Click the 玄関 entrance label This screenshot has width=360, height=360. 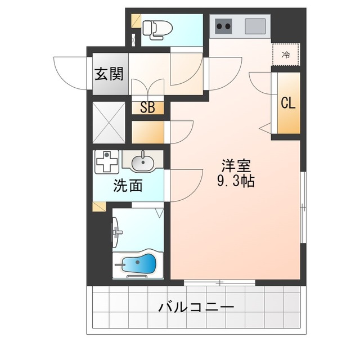click(x=109, y=74)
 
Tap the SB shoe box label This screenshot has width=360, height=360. click(x=147, y=108)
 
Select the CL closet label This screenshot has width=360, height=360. click(x=288, y=103)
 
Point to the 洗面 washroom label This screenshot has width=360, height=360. click(x=128, y=185)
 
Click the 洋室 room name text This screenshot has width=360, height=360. click(x=236, y=166)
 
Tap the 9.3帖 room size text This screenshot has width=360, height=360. click(x=236, y=182)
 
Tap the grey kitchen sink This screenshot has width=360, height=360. click(x=255, y=26)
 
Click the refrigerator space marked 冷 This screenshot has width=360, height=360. click(x=285, y=55)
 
